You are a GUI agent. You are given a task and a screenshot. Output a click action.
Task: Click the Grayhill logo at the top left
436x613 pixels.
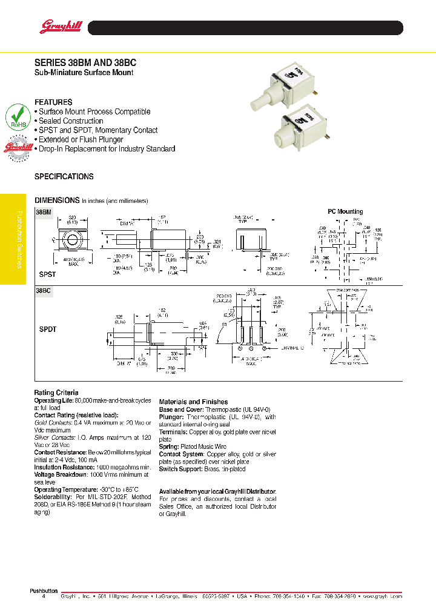[56, 27]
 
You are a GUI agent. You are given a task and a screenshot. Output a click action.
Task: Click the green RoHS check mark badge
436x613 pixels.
[19, 118]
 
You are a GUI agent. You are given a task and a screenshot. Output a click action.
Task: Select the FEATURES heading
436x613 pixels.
[53, 102]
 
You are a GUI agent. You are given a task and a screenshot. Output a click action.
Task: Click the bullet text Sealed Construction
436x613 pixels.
[71, 121]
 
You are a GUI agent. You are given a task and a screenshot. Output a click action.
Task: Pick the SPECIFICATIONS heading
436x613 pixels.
[64, 177]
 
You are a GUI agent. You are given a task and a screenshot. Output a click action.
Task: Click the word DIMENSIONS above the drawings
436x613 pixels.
[57, 200]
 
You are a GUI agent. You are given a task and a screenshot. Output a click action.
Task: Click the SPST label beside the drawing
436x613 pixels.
[47, 274]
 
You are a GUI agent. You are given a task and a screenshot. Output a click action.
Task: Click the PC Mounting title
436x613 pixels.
[345, 211]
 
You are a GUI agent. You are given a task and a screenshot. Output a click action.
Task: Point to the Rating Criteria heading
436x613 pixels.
[56, 393]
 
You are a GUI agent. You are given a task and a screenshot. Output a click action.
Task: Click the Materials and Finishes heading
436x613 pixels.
[193, 402]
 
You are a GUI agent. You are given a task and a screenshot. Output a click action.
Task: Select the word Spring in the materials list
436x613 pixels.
[170, 446]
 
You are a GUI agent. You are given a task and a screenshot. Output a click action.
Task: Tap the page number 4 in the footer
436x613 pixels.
[43, 597]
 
